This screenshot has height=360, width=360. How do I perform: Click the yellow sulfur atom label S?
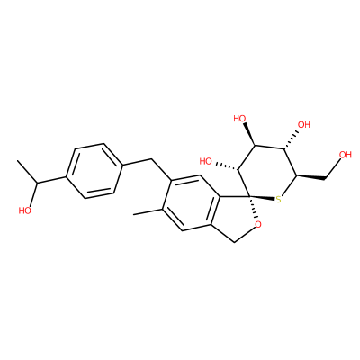pos(279,200)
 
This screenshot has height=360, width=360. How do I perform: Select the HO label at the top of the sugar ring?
pos(239,119)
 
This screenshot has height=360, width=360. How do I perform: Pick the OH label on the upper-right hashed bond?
pos(303,124)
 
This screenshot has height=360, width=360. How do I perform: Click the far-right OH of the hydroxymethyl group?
pos(345,155)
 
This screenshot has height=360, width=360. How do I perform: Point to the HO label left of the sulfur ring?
pos(206,161)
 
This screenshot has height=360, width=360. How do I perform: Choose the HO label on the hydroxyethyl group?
pos(25,211)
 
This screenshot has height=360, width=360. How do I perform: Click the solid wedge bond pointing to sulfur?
pos(263,198)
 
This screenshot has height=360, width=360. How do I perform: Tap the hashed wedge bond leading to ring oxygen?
pos(254,208)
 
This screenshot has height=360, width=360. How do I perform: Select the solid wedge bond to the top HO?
pos(249,134)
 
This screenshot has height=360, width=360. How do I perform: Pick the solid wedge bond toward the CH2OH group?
pos(311,177)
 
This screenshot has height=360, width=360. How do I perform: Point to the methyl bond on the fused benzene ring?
pos(148,211)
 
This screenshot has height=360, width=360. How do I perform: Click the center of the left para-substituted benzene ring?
pos(94,171)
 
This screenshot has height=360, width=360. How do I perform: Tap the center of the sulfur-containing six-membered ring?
pos(266,172)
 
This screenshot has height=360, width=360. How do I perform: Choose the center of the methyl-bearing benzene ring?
pos(192,203)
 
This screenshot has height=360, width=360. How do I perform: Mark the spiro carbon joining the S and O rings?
pos(249,197)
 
